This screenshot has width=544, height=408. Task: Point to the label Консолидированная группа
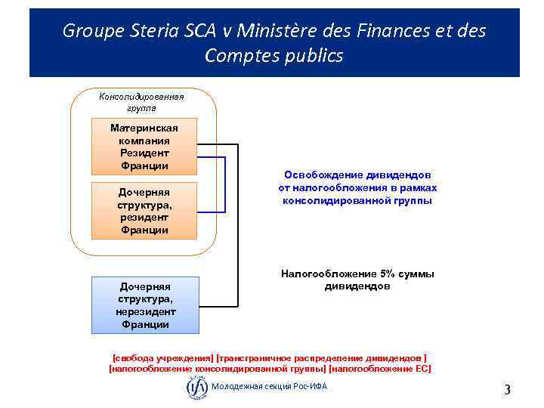[x=142, y=102]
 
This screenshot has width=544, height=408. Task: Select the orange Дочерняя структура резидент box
[x=144, y=211]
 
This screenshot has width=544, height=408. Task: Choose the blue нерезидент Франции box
[x=145, y=305]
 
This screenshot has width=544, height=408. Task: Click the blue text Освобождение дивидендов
[x=358, y=175]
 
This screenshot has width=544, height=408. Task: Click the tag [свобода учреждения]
[x=162, y=357]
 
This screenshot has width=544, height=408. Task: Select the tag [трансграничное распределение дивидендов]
[x=321, y=357]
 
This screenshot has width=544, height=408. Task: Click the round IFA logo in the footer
[x=196, y=388]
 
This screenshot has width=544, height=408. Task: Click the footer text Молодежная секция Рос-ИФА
[x=269, y=388]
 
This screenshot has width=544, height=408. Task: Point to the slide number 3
[x=507, y=390]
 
